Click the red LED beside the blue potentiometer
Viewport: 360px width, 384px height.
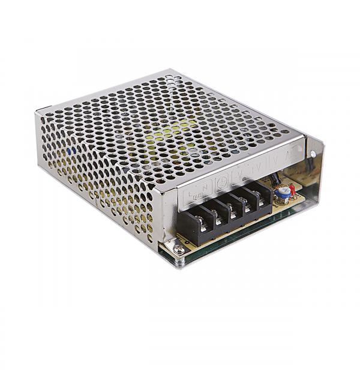(x=292, y=189)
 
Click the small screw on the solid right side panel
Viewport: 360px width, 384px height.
(x=313, y=154)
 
